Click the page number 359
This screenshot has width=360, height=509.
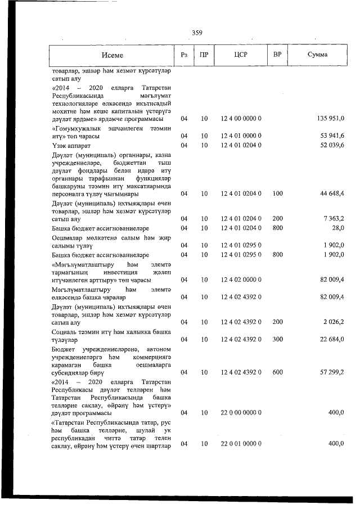(x=197, y=33)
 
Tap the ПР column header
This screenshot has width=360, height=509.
(x=204, y=55)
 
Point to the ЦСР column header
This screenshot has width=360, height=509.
(x=241, y=55)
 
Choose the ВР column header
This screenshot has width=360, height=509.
(x=277, y=55)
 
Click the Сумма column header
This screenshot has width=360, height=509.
(x=318, y=55)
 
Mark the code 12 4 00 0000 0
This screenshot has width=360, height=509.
(x=241, y=119)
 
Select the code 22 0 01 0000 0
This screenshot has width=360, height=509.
(x=241, y=444)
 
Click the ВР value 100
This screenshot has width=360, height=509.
(x=277, y=193)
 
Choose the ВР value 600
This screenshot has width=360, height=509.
(x=277, y=372)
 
